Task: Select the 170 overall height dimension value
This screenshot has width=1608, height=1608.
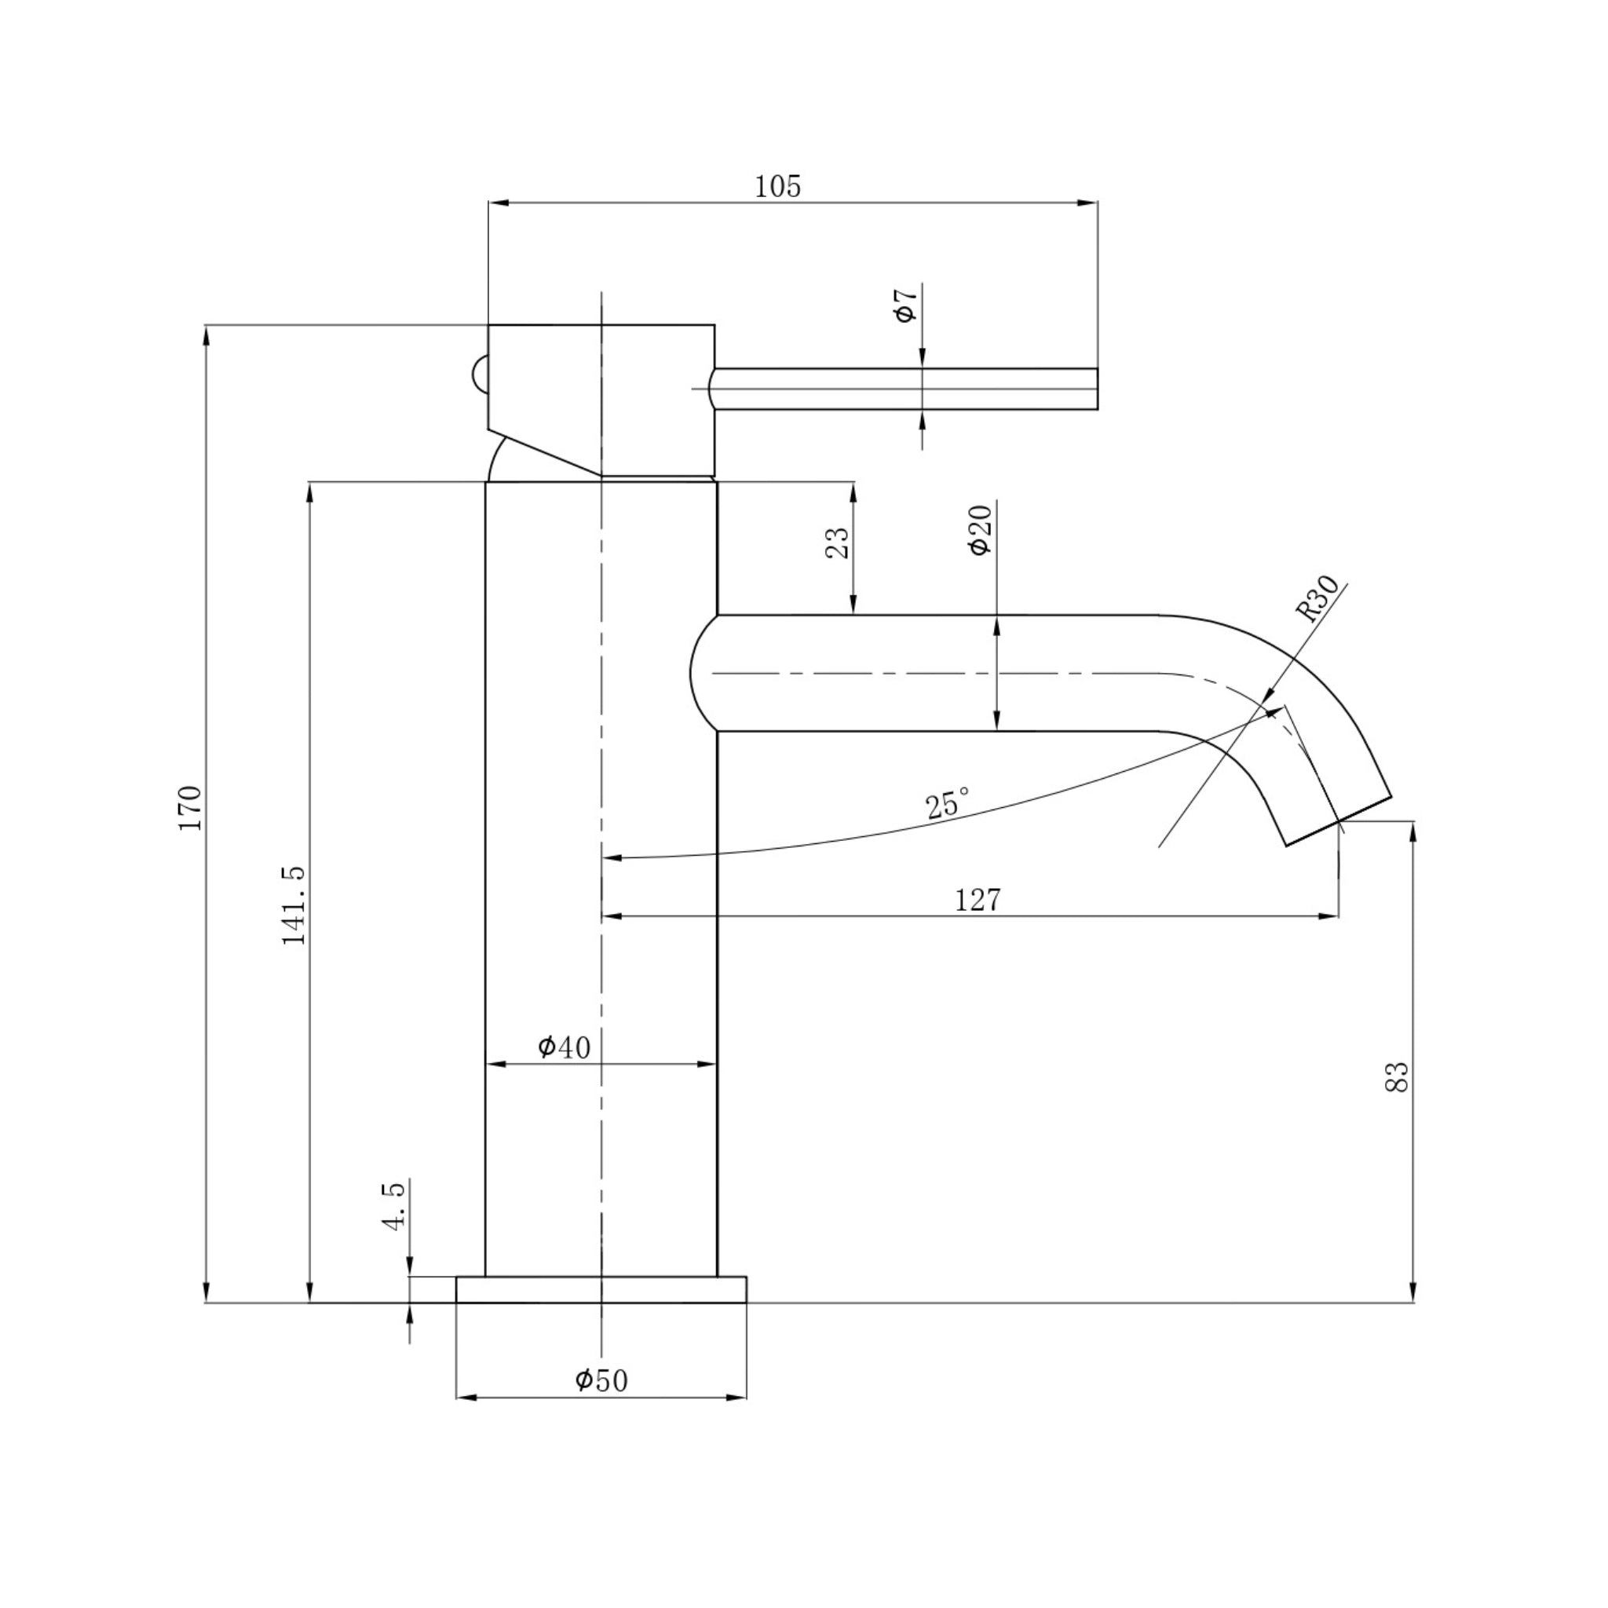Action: [190, 807]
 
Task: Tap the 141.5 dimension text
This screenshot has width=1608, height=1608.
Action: [294, 905]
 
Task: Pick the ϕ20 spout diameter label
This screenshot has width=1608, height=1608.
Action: [980, 530]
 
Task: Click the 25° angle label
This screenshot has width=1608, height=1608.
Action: [947, 804]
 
